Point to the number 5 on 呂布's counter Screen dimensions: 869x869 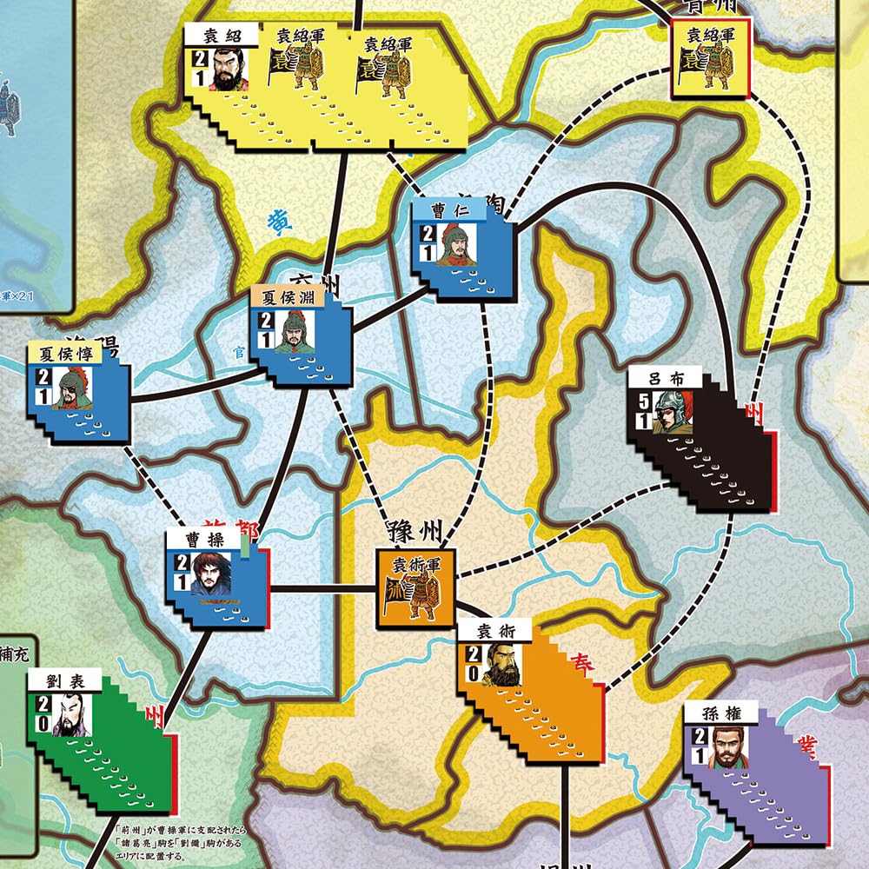click(643, 402)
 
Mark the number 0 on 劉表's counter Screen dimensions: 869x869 click(42, 722)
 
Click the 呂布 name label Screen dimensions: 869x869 click(666, 378)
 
